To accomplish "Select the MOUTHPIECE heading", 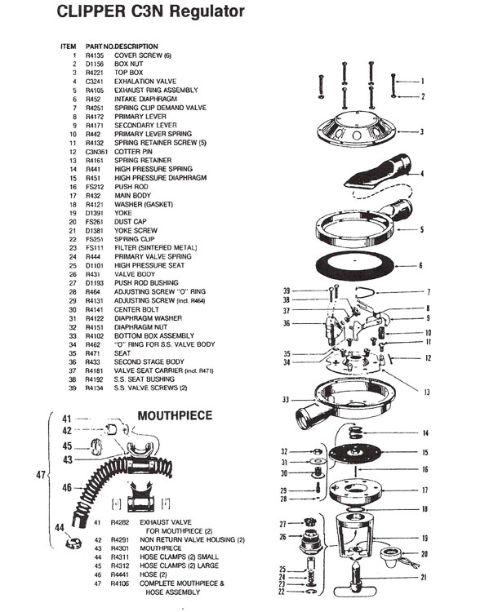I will tap(175, 415).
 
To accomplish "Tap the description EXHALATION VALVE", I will tap(145, 82).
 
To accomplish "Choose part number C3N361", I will tap(99, 152).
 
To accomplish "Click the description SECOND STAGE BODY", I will tap(151, 361).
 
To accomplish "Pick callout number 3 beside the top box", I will tap(422, 131).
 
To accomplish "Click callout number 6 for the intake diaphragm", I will tap(422, 265).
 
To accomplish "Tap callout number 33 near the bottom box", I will tap(285, 400).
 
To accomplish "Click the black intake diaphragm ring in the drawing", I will tap(362, 266).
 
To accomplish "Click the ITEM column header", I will tap(69, 46).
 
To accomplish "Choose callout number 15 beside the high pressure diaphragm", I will tap(423, 452).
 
